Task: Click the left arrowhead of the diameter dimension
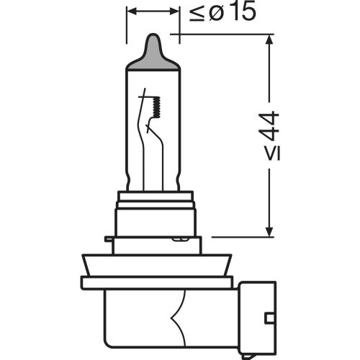[131, 12]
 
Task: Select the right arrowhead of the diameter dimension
[175, 12]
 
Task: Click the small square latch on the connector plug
[269, 317]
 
